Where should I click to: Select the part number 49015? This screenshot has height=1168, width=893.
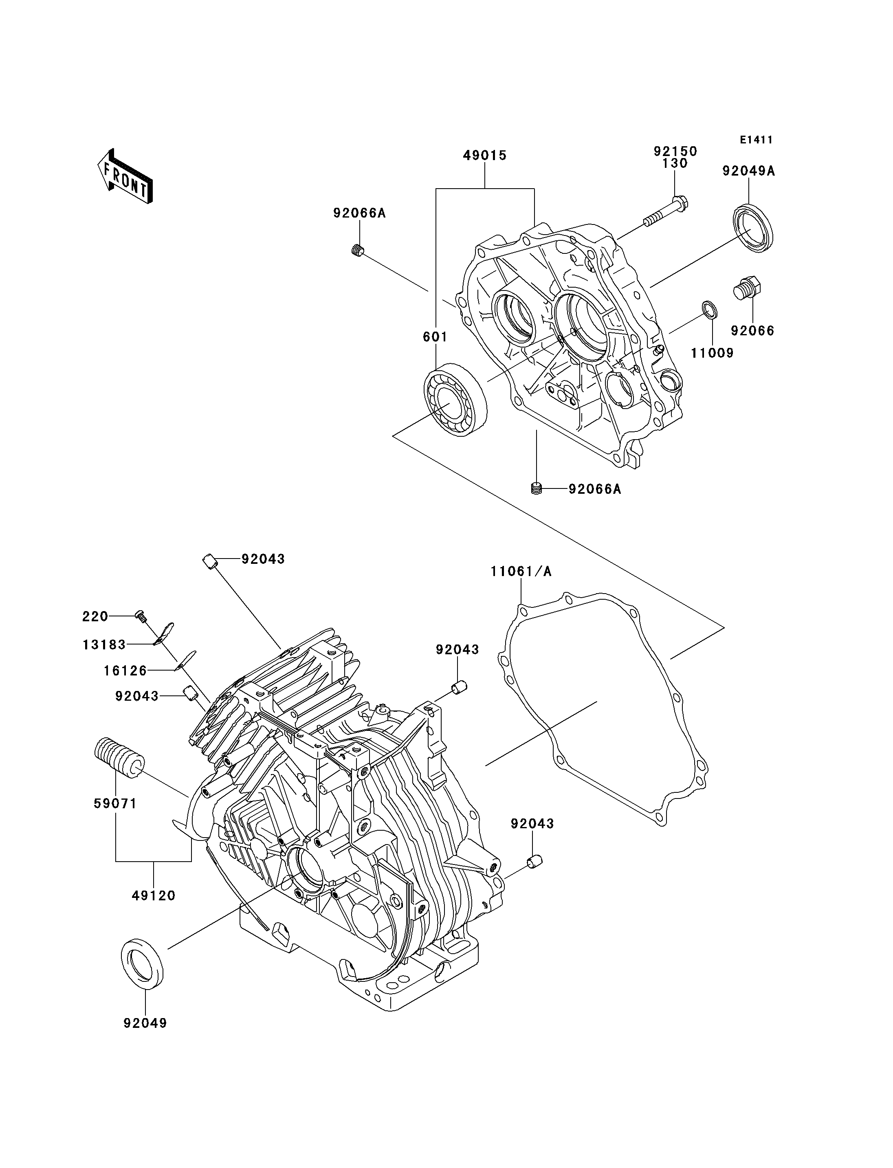click(x=485, y=156)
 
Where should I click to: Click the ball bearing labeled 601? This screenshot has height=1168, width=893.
click(x=455, y=400)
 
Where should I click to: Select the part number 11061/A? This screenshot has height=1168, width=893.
click(x=521, y=572)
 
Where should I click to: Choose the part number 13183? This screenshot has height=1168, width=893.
click(x=104, y=645)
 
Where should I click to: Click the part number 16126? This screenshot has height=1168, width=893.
click(x=125, y=671)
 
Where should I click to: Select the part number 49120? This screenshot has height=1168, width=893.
click(x=154, y=896)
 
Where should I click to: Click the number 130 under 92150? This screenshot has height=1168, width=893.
click(x=675, y=164)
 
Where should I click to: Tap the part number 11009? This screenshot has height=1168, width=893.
click(x=712, y=352)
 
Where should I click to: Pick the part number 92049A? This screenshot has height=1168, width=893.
click(x=748, y=171)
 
